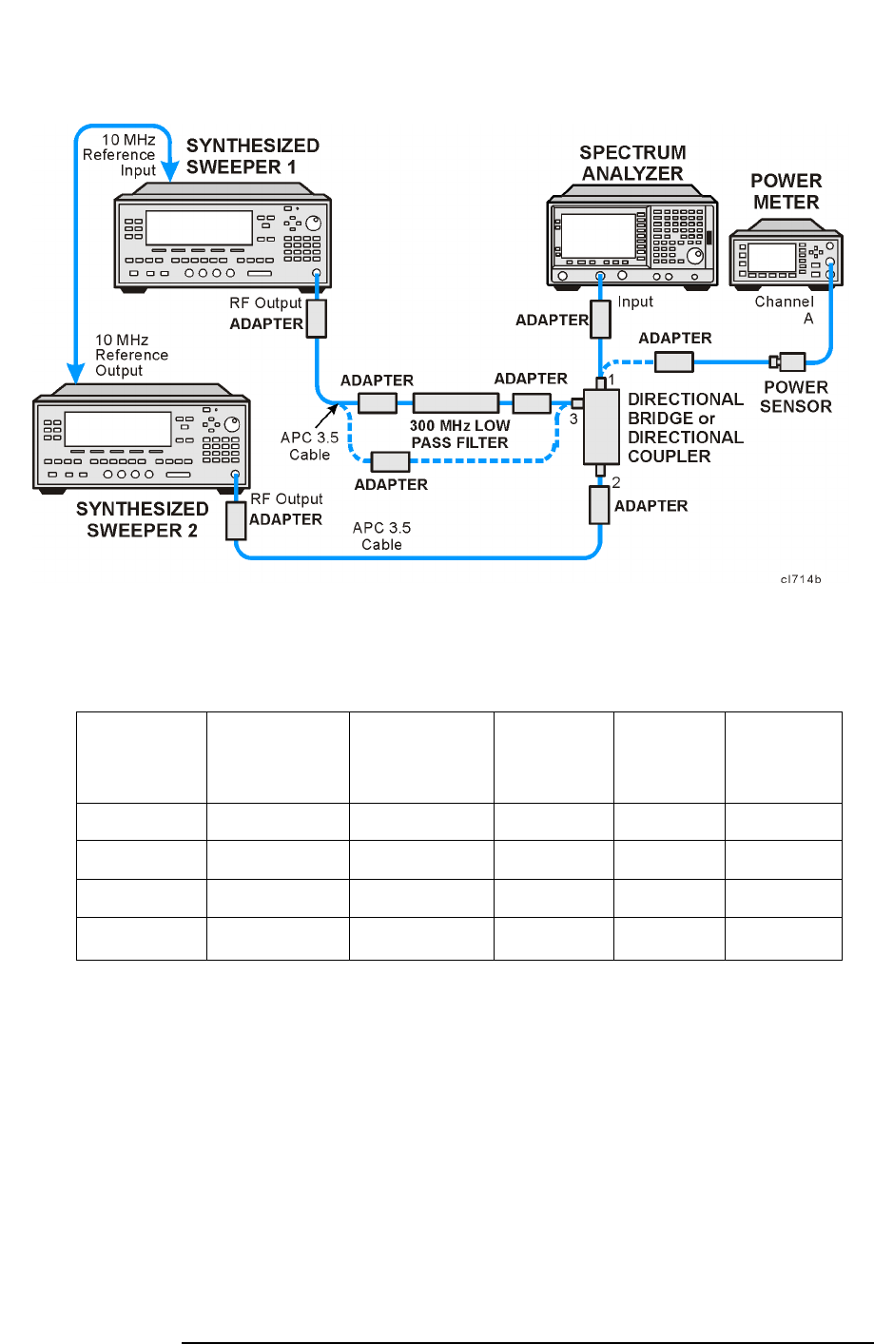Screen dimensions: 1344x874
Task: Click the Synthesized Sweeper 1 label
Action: [252, 156]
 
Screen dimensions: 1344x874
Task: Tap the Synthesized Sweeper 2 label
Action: [142, 519]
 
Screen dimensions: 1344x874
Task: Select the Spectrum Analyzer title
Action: [632, 163]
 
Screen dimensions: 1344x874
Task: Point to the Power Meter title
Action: [786, 191]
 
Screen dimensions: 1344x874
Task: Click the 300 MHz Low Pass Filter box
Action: [456, 402]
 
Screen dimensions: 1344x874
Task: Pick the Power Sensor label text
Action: [796, 397]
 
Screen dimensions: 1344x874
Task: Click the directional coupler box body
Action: [601, 425]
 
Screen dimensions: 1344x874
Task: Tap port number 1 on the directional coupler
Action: [612, 380]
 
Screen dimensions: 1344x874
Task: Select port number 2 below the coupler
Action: [616, 482]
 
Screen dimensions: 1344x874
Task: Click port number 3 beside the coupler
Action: [573, 419]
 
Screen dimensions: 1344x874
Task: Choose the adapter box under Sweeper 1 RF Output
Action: [316, 319]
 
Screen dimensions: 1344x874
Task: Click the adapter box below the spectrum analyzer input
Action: [600, 320]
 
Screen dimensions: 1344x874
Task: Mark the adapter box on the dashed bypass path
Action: [390, 461]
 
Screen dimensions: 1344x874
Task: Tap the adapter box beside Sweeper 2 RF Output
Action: [236, 521]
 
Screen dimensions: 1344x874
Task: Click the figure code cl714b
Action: [800, 579]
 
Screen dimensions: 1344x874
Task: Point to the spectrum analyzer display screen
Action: [597, 235]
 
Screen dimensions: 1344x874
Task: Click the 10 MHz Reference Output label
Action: [131, 355]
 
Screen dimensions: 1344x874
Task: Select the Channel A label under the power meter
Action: [785, 310]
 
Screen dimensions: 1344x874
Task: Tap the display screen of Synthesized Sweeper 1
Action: [198, 228]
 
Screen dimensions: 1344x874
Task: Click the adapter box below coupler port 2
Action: [599, 505]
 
